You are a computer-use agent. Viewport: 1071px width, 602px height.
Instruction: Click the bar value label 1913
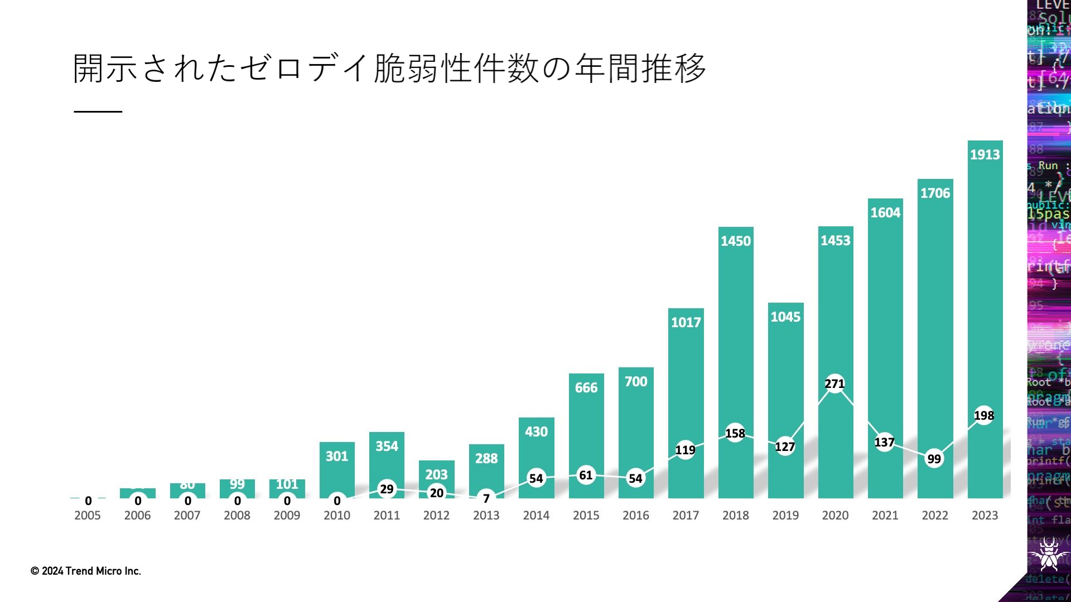coord(985,155)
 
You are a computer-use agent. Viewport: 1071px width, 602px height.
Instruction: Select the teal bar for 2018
coord(736,334)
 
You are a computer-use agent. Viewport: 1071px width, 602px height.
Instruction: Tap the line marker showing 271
coord(834,383)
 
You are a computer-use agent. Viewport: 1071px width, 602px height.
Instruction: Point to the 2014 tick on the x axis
coord(536,516)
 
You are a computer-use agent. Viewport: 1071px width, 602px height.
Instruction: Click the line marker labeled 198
coord(984,415)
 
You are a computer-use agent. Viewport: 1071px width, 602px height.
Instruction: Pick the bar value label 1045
coord(785,317)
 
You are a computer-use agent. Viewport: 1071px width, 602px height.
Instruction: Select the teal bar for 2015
coord(586,429)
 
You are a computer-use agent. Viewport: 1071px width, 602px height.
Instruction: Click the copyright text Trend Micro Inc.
coord(86,571)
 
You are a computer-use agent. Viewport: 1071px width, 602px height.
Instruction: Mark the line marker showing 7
coord(486,498)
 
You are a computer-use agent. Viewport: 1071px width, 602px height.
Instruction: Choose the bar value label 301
coord(337,457)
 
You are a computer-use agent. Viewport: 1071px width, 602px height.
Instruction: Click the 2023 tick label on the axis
coord(985,516)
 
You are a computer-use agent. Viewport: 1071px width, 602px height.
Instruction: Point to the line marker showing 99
coord(934,459)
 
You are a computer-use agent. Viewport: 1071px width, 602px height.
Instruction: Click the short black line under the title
coord(98,111)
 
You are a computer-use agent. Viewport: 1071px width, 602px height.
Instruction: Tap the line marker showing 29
coord(387,489)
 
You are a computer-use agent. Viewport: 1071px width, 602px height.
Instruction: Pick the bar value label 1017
coord(686,323)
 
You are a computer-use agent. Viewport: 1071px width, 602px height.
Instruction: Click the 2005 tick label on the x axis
coord(88,516)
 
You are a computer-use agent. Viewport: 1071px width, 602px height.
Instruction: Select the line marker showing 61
coord(586,475)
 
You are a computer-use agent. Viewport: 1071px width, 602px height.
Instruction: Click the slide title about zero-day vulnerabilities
coord(389,69)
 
